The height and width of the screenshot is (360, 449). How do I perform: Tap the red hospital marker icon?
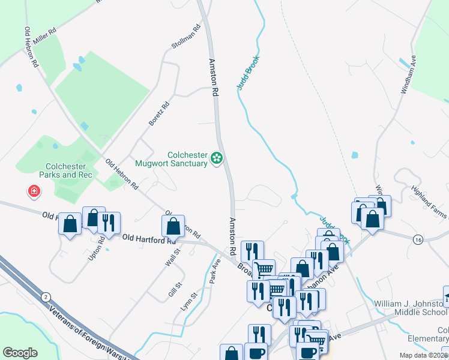[35, 191]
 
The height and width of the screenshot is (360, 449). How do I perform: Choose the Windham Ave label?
[408, 74]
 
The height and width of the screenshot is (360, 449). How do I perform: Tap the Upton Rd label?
[101, 247]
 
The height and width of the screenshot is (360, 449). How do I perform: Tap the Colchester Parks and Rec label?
[69, 170]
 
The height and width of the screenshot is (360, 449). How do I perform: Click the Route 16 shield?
[418, 239]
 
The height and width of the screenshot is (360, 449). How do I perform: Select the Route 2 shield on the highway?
[46, 296]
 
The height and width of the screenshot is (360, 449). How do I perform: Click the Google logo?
[20, 353]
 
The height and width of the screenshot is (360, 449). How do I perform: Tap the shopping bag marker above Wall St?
[173, 226]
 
